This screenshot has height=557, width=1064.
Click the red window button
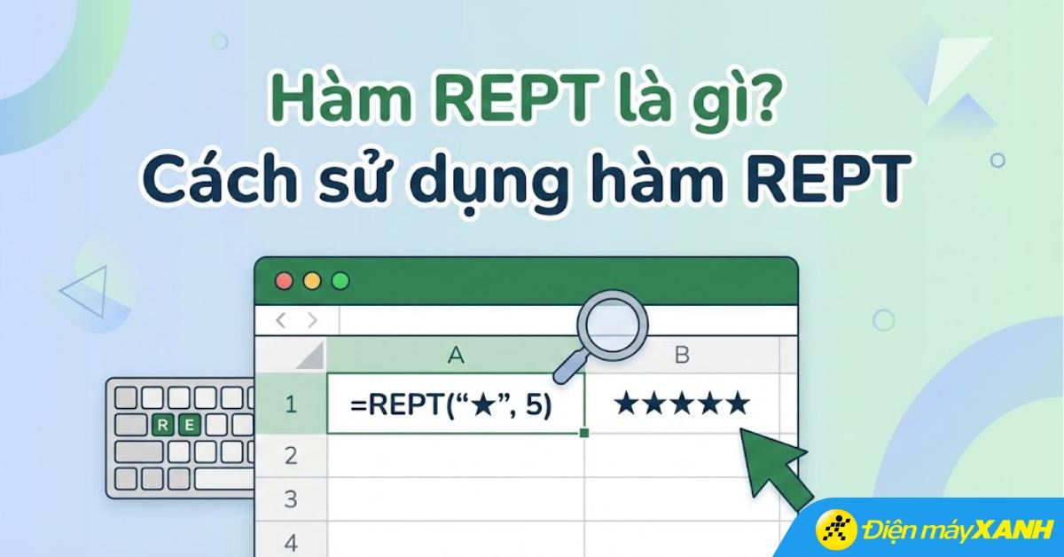pos(284,281)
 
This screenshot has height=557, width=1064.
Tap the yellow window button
pos(312,281)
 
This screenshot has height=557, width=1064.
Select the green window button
pos(340,281)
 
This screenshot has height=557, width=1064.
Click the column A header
pos(456,356)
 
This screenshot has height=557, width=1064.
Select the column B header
pos(682,356)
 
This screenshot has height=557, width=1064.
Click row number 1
pos(290,405)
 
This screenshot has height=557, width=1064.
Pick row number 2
pos(290,456)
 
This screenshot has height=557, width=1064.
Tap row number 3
pos(290,499)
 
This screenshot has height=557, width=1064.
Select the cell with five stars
pos(682,405)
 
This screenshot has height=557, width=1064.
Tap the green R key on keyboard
pos(163,424)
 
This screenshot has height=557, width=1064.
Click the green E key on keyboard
pos(189,424)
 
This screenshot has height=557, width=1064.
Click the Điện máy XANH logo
pos(936,529)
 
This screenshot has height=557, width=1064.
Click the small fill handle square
pos(584,433)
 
